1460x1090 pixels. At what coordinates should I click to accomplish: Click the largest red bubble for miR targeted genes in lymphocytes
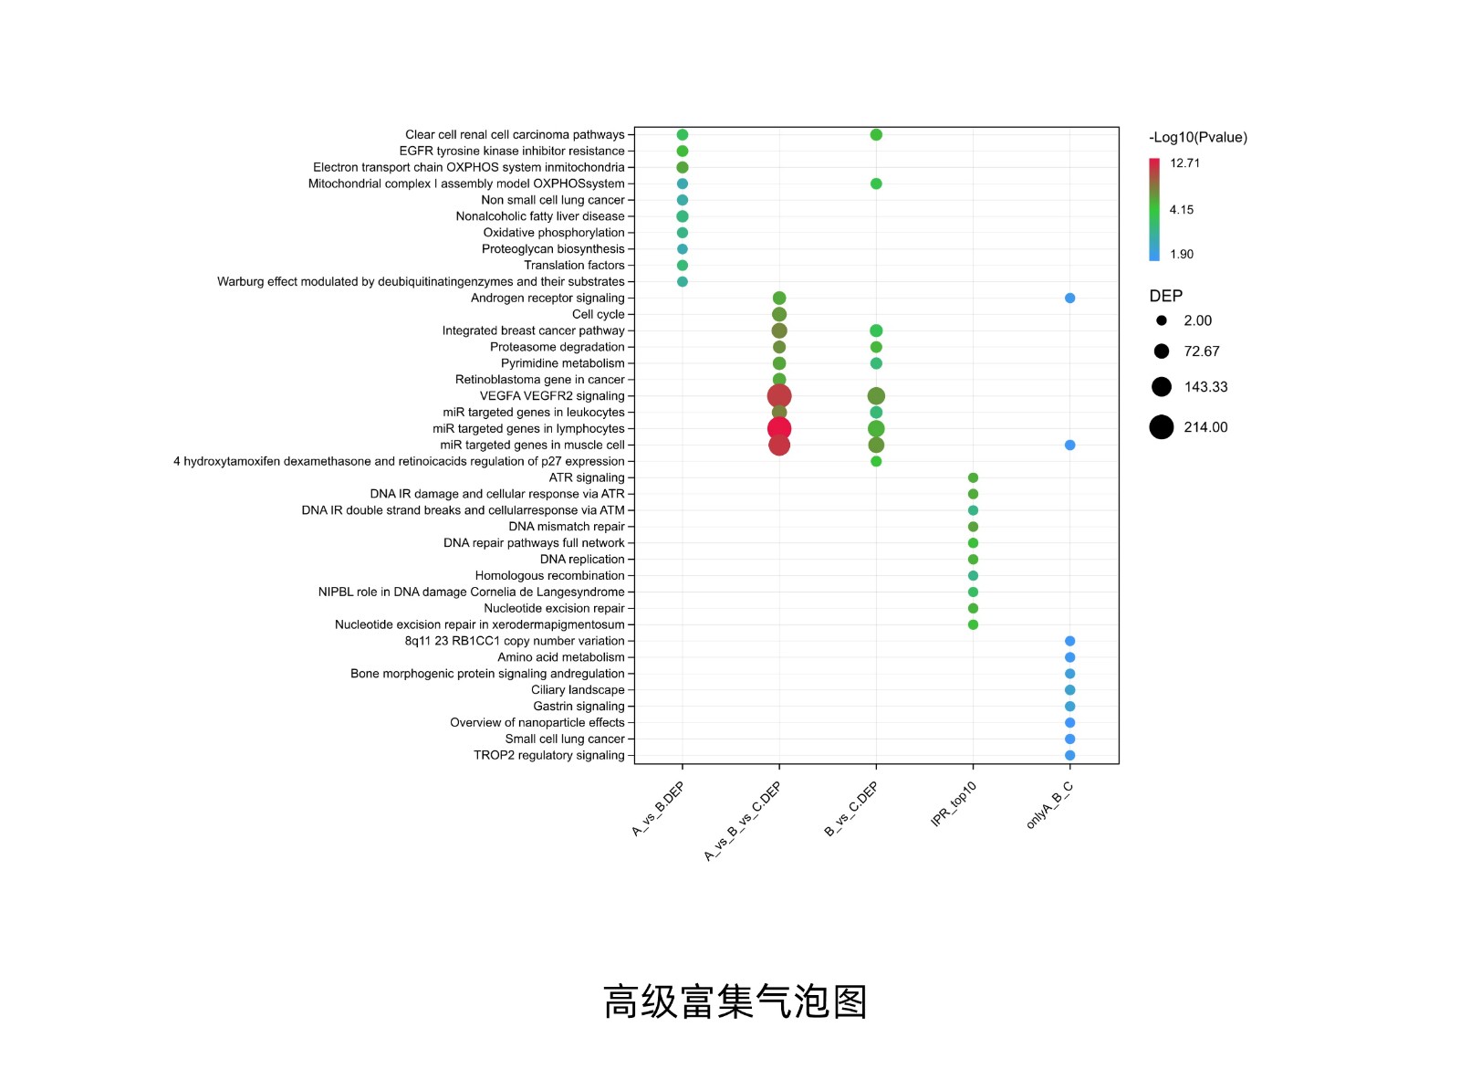pyautogui.click(x=778, y=429)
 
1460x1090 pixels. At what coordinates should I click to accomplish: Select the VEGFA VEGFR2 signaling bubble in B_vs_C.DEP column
pyautogui.click(x=876, y=396)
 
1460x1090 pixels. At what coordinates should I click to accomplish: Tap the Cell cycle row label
pyautogui.click(x=598, y=315)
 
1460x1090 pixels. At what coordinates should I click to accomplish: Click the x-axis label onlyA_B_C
pyautogui.click(x=1049, y=805)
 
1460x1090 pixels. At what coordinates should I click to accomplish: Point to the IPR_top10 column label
pyautogui.click(x=954, y=804)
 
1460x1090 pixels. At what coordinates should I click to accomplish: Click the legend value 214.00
pyautogui.click(x=1205, y=427)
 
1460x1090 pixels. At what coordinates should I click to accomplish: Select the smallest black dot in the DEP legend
pyautogui.click(x=1162, y=320)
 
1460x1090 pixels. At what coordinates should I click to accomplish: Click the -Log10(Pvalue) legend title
pyautogui.click(x=1197, y=138)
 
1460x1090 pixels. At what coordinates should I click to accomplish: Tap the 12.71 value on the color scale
pyautogui.click(x=1184, y=163)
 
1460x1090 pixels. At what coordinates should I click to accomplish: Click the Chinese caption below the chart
pyautogui.click(x=735, y=1001)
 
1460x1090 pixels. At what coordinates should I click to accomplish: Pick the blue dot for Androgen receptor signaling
pyautogui.click(x=1069, y=299)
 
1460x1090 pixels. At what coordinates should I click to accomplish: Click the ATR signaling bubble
pyautogui.click(x=973, y=478)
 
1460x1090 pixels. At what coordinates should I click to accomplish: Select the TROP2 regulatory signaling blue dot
pyautogui.click(x=1069, y=755)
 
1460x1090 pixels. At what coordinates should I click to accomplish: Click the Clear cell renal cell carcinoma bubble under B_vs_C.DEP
pyautogui.click(x=876, y=135)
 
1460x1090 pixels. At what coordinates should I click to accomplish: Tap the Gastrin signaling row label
pyautogui.click(x=579, y=707)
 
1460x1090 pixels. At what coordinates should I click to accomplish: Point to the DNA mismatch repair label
pyautogui.click(x=566, y=527)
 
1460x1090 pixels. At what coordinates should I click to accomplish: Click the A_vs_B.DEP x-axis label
pyautogui.click(x=658, y=809)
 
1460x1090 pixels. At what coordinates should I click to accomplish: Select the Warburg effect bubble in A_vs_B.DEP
pyautogui.click(x=683, y=282)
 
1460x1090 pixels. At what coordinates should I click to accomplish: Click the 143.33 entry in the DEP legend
pyautogui.click(x=1205, y=387)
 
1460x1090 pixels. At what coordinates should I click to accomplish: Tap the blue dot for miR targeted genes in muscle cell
pyautogui.click(x=1069, y=445)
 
